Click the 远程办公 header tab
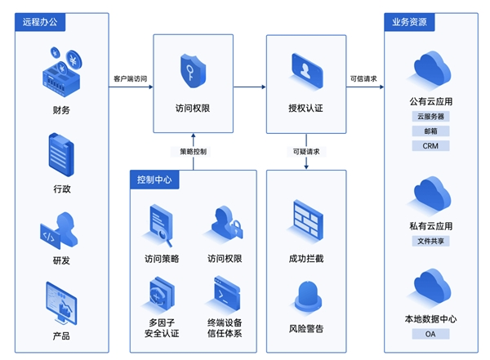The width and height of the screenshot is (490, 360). [38, 21]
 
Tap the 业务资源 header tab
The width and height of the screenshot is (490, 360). [408, 21]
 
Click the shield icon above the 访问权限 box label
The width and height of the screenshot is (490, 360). [193, 71]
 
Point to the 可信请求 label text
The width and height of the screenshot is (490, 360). [363, 79]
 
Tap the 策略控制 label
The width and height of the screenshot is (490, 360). [194, 151]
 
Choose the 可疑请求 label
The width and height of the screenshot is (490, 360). [306, 151]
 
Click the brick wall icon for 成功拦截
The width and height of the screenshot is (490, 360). [306, 221]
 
